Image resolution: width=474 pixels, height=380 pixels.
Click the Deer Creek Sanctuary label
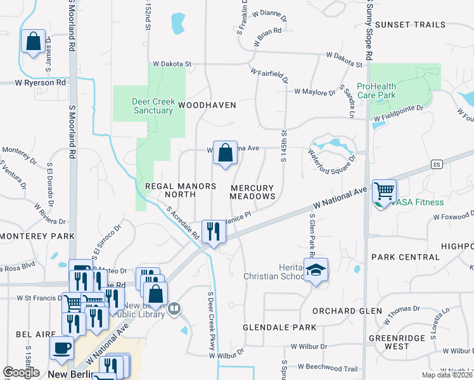click(x=153, y=106)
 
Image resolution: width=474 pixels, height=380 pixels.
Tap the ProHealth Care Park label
click(x=376, y=91)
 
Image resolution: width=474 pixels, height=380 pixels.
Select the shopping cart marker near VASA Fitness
click(x=384, y=190)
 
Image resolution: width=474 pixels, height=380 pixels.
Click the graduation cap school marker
click(x=315, y=270)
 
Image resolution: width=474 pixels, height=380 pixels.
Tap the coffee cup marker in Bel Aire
click(x=61, y=348)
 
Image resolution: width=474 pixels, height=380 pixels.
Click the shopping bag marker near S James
click(x=33, y=41)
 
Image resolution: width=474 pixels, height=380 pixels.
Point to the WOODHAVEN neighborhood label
click(x=207, y=105)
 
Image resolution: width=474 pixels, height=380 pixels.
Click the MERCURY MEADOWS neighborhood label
click(x=252, y=192)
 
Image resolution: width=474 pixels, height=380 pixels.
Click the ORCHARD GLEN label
click(x=347, y=311)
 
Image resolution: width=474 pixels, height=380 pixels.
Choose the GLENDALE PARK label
click(x=279, y=327)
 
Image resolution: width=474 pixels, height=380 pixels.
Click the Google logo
click(x=21, y=372)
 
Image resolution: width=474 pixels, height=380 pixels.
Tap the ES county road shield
click(x=436, y=165)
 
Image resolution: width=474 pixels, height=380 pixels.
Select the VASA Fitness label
click(x=417, y=202)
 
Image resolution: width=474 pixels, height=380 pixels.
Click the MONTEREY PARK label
click(x=37, y=236)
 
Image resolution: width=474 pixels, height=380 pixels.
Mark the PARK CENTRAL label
click(x=405, y=257)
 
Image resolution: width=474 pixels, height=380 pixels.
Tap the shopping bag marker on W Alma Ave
click(x=224, y=153)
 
